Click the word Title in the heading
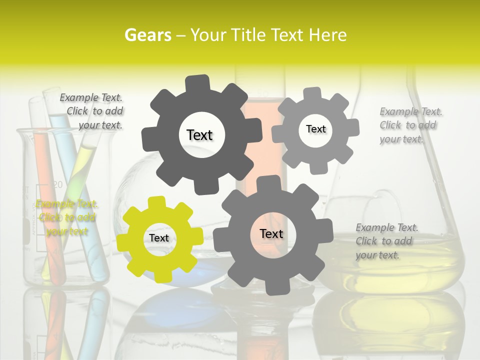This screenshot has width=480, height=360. coord(249,35)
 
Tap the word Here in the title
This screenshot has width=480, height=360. coord(327,35)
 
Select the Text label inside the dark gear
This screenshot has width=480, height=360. coord(199,135)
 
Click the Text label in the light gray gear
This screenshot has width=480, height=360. coord(315,129)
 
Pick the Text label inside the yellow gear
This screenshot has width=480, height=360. coord(159,238)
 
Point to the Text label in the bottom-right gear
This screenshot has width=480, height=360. coord(271,234)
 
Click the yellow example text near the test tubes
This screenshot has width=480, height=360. coord(66,217)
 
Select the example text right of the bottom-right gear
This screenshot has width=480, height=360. coord(385,241)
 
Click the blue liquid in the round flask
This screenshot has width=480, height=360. coord(200,275)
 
